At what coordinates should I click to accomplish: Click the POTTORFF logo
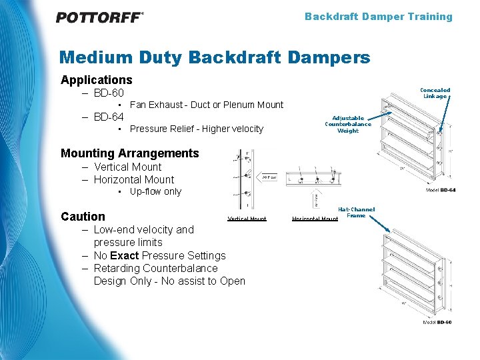coord(99,17)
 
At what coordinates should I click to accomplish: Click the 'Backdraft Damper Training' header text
coord(378,17)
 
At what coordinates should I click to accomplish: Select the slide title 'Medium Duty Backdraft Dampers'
coord(214,58)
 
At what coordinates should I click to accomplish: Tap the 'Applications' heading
coord(96,80)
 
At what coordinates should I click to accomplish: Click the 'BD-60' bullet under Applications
coord(108,93)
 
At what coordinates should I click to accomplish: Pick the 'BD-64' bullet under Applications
coord(108,117)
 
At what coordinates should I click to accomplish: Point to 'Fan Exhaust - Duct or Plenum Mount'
coord(206,105)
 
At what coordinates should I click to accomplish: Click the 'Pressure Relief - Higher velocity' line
coord(196,129)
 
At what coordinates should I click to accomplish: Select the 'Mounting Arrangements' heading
coord(129,153)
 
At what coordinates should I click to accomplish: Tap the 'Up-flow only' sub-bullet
coord(155,191)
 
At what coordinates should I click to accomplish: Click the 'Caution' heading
coord(83,217)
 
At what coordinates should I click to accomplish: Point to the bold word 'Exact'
coord(125,255)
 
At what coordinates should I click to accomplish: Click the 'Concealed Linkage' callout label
coord(435,93)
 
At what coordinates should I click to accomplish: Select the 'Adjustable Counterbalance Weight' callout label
coord(348,124)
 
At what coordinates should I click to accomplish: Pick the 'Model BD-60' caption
coord(437,322)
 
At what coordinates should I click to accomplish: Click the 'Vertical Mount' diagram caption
coord(247,219)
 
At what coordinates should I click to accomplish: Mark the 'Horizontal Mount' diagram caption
coord(315,219)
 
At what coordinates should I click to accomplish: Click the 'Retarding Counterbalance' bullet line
coord(155,268)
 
